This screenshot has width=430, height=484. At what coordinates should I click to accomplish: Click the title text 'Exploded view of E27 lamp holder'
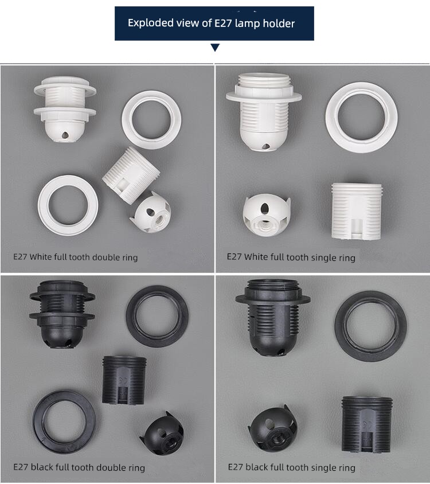211,23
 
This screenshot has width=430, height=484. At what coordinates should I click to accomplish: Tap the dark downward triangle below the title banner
215,47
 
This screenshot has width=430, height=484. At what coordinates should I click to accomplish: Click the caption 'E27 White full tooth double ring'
75,257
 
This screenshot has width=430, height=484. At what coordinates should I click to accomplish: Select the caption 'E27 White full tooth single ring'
291,257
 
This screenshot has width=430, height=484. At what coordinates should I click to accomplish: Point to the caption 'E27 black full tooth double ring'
79,467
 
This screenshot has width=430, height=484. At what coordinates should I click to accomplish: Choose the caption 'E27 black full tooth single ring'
292,467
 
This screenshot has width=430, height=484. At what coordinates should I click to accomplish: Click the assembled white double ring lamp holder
65,110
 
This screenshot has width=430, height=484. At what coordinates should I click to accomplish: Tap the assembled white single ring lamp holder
264,112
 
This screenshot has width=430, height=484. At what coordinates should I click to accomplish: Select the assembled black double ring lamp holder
62,314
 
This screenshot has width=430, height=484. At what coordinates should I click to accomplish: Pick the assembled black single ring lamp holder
273,318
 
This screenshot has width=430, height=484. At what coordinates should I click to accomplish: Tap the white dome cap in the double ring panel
151,212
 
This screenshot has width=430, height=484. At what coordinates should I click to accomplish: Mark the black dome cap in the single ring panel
272,430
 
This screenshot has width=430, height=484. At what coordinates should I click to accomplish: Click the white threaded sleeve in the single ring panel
356,211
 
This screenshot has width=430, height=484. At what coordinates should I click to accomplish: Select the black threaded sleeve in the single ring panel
367,425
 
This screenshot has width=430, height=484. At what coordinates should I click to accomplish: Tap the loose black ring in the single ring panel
370,326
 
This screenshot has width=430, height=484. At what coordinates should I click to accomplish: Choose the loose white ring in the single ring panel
361,118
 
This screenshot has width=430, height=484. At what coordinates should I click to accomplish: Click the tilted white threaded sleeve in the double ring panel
131,175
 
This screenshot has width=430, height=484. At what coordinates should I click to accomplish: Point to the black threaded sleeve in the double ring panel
124,380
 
